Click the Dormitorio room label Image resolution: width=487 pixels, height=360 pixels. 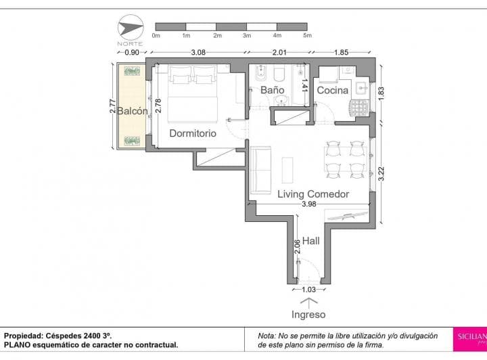(x=192, y=133)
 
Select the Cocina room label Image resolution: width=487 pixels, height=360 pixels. (x=332, y=90)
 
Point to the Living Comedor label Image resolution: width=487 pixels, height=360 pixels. (x=313, y=194)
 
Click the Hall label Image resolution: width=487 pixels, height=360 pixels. (x=311, y=240)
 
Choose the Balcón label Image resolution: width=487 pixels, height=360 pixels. (x=131, y=112)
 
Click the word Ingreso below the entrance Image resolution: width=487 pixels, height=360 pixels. (x=308, y=315)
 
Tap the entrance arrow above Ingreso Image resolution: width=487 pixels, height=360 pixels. (x=308, y=300)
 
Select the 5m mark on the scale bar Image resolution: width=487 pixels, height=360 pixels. (x=306, y=35)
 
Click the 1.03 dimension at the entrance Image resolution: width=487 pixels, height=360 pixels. (x=308, y=290)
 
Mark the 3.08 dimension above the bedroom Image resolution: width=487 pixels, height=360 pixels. (x=198, y=52)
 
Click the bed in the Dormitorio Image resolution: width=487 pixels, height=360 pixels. (x=192, y=95)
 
